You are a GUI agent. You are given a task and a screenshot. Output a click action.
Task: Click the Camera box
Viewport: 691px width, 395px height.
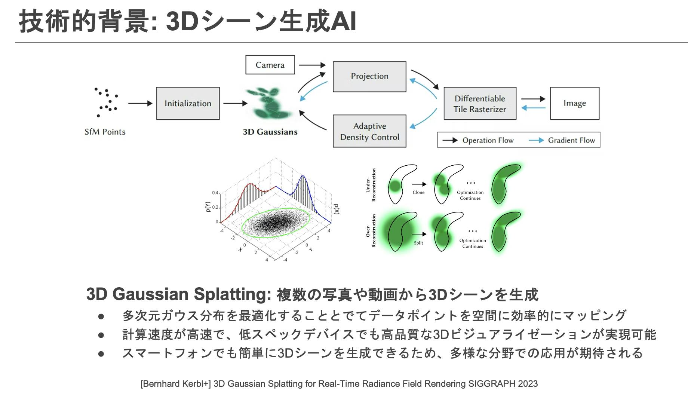coord(270,65)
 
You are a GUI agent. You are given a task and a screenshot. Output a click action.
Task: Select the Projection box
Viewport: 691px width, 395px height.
coord(369,76)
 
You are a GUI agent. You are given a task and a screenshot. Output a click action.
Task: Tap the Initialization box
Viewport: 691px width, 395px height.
coord(188,104)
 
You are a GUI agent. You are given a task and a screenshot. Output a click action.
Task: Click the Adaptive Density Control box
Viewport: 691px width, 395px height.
coord(369,131)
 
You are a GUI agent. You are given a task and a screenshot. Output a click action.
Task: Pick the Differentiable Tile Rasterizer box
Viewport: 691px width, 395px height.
coord(480,104)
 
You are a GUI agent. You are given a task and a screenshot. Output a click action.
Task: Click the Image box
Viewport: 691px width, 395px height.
coord(574,103)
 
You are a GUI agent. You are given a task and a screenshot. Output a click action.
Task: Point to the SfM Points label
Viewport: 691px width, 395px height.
coord(105,132)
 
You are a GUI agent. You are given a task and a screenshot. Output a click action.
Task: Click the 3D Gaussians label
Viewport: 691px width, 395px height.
coord(270,132)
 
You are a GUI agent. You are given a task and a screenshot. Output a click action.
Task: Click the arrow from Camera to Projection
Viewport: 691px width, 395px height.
coord(312,65)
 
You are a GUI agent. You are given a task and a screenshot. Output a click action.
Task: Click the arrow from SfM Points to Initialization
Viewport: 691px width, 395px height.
coord(140,103)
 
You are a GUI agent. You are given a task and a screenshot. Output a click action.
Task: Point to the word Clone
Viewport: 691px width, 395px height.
coord(418,193)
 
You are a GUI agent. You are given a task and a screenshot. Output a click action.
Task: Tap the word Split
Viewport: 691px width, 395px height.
coord(418,243)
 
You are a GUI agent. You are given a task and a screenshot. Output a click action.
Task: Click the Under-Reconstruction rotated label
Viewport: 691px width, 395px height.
coord(371,185)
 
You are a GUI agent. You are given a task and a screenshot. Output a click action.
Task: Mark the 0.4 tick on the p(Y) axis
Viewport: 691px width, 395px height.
coord(215,193)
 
